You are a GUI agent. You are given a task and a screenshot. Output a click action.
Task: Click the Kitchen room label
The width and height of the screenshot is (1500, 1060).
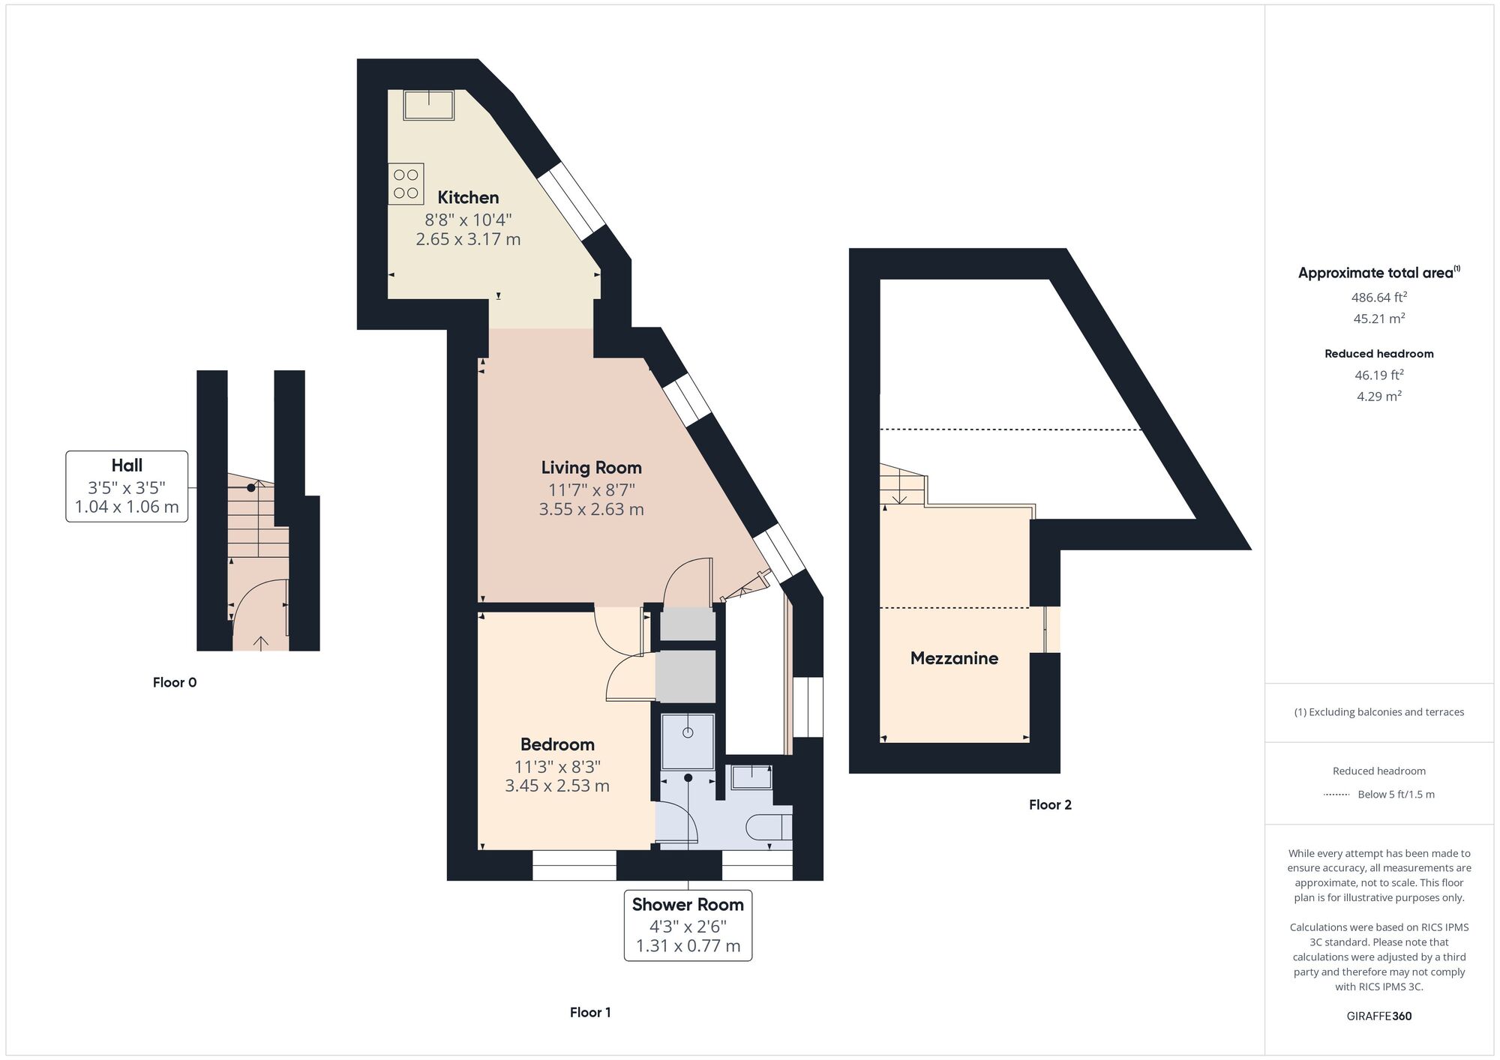tap(468, 197)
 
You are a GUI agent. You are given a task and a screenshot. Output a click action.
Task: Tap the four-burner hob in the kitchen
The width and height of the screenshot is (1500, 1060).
tap(406, 184)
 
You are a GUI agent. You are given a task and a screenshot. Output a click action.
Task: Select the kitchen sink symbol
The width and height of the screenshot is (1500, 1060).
tap(428, 105)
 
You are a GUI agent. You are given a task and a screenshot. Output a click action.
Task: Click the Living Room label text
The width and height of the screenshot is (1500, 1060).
tap(591, 468)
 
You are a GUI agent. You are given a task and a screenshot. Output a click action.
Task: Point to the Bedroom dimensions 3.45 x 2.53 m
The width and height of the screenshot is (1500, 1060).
tap(556, 786)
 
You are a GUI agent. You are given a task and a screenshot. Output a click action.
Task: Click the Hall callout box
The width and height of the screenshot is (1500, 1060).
tap(127, 486)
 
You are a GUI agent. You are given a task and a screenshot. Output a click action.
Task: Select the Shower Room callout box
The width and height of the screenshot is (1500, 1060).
tap(688, 925)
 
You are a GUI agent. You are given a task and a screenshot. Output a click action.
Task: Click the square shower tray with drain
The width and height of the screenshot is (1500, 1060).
tap(688, 741)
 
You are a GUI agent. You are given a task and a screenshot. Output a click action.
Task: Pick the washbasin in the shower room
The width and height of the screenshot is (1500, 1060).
tap(751, 777)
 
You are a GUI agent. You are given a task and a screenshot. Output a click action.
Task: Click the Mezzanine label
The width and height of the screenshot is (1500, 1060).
tap(954, 658)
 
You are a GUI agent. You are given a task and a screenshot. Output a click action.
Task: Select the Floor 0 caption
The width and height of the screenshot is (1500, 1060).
tap(175, 682)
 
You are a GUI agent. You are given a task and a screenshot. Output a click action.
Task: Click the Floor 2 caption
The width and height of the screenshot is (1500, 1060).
tap(1050, 804)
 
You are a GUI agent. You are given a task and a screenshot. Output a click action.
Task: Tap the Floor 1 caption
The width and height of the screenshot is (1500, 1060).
tap(590, 1012)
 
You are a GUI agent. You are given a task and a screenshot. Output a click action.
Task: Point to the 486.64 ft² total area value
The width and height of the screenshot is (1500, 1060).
tap(1378, 297)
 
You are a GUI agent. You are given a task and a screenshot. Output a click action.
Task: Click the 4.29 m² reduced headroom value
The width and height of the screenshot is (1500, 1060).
tap(1378, 396)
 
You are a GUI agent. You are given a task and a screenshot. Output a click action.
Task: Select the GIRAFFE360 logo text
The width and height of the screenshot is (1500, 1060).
tap(1378, 1016)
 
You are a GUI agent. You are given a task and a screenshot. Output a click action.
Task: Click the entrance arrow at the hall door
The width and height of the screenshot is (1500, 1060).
tap(261, 642)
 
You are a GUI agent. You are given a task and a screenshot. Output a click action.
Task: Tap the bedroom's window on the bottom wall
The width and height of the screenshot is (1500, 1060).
tap(574, 865)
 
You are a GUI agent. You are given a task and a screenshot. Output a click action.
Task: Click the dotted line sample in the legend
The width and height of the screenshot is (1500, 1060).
tap(1336, 795)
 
